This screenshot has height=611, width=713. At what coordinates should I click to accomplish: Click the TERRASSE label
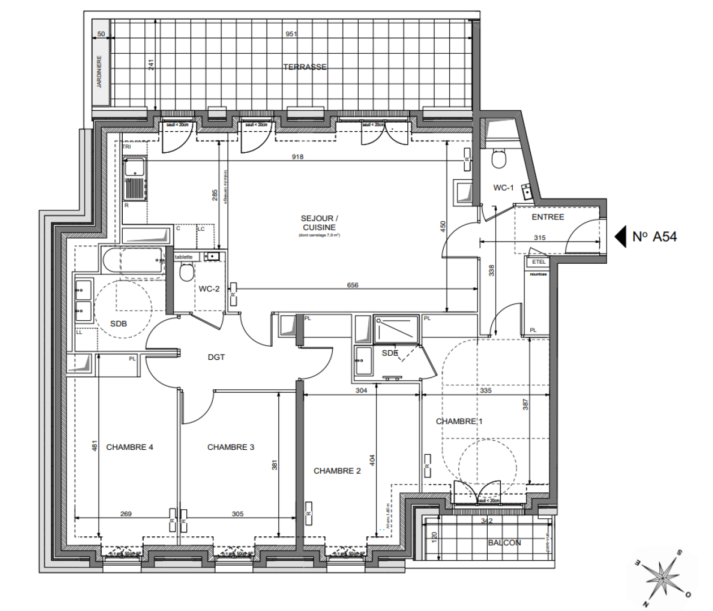coord(304,67)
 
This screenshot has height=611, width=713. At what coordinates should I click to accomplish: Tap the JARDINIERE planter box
coord(100,71)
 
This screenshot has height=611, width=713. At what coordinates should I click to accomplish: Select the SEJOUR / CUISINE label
coord(319,222)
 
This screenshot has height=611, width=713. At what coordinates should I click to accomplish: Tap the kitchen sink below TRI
coord(135,168)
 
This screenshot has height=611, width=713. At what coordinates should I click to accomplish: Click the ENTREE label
coord(547,217)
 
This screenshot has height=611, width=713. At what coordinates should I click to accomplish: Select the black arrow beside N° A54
coord(621,236)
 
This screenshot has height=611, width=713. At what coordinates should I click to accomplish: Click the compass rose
coord(662,577)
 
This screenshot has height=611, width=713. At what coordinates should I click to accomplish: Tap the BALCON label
coord(504,543)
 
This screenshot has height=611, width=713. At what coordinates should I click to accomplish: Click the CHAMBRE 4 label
coord(130,447)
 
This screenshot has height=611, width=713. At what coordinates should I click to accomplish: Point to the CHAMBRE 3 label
coord(230,447)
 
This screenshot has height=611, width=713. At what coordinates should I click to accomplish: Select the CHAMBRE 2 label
coord(337,471)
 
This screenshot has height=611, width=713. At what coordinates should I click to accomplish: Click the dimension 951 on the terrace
coord(291,34)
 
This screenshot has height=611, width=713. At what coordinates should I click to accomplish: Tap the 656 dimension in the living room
coord(353,285)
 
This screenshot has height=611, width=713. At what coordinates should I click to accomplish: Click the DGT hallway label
coord(216,357)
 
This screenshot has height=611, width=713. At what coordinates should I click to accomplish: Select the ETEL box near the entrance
coord(538,262)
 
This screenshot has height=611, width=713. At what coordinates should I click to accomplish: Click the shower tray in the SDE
coord(396,330)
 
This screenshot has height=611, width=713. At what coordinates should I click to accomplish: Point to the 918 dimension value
coord(298,157)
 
